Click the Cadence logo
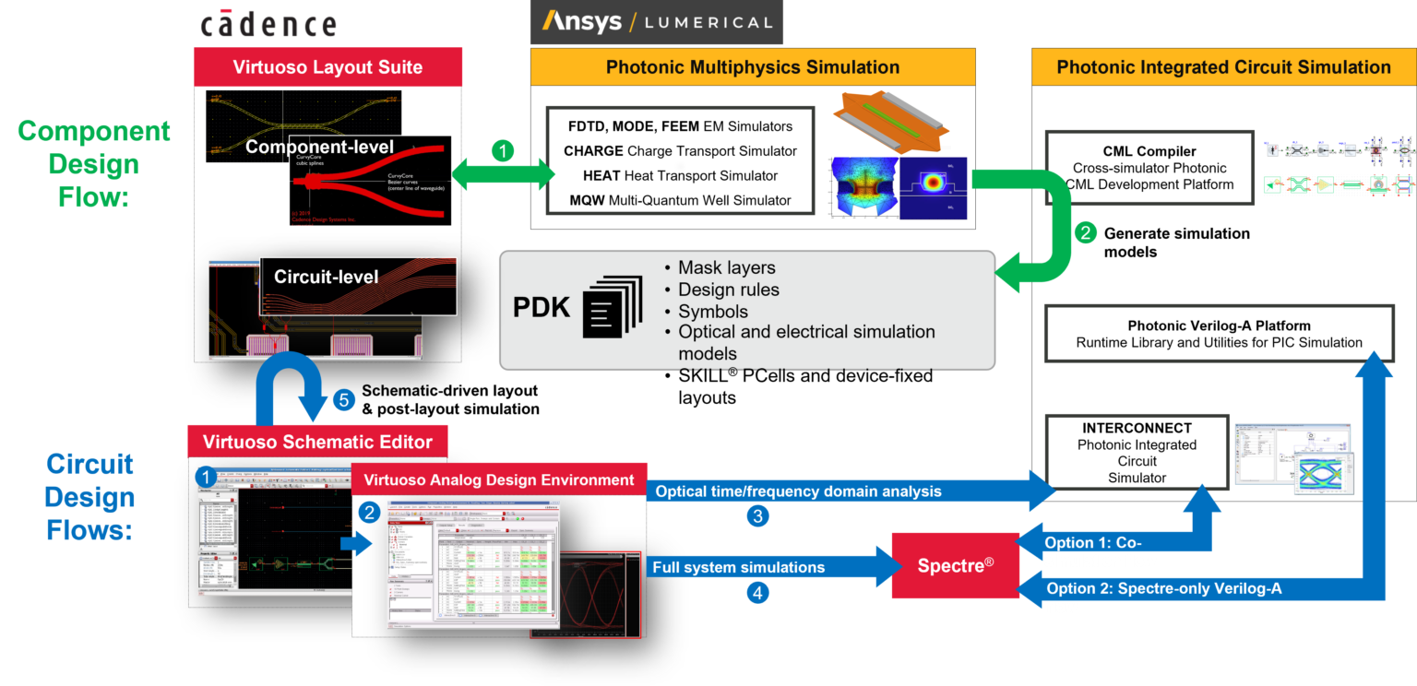point(268,22)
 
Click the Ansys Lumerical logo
point(656,22)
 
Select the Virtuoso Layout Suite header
point(327,66)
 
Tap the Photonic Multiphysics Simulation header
point(752,66)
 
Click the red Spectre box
point(954,565)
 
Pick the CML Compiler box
point(1149,168)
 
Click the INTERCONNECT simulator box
point(1137,452)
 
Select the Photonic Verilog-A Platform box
point(1219,334)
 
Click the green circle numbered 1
point(502,151)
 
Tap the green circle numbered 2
point(1085,234)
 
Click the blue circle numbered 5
point(343,400)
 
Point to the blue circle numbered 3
point(757,516)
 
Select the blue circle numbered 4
point(757,593)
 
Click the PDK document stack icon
point(612,307)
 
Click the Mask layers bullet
point(726,268)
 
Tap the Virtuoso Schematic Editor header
point(317,442)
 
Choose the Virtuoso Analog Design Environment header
point(498,480)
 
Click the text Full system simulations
point(738,567)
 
